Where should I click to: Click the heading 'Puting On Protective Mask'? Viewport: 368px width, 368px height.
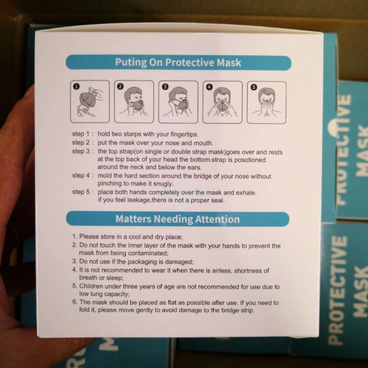(x=178, y=63)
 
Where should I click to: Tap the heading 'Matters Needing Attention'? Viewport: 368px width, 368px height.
(x=178, y=219)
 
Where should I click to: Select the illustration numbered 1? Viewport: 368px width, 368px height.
(x=90, y=102)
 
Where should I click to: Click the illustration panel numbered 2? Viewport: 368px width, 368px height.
(x=134, y=102)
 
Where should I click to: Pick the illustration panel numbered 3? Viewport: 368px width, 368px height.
(x=178, y=102)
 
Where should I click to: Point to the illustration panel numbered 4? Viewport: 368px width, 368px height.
(x=223, y=102)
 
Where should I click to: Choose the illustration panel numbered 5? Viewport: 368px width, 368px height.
(x=267, y=102)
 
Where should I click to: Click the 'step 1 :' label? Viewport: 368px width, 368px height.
(x=83, y=134)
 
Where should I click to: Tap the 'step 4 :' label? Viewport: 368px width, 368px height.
(x=83, y=176)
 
